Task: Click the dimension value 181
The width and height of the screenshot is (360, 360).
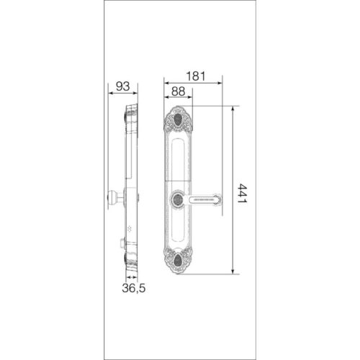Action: click(196, 76)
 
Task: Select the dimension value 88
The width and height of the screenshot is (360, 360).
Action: click(179, 91)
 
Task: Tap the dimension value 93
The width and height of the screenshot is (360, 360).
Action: click(122, 86)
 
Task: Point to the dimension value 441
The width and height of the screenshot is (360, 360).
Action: click(242, 194)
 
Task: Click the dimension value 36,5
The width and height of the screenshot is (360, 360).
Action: click(134, 288)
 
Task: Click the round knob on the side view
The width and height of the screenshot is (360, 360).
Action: click(112, 197)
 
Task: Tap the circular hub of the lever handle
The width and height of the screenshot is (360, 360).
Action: click(178, 199)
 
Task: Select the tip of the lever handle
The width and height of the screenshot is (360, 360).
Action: click(220, 199)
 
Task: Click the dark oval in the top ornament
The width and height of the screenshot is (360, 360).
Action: click(178, 120)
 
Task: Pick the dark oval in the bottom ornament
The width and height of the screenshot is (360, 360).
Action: click(178, 261)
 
